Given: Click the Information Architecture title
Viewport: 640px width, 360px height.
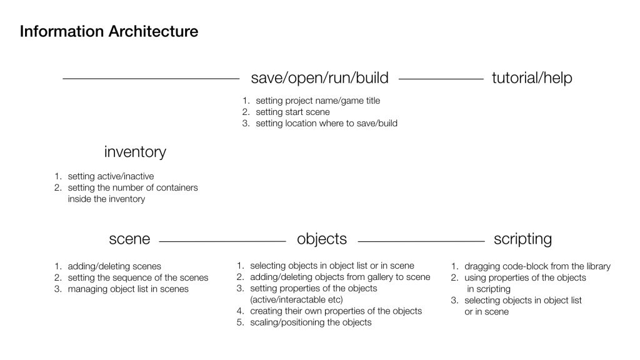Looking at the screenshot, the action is (109, 31).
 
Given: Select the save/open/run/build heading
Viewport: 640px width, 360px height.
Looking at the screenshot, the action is (319, 78).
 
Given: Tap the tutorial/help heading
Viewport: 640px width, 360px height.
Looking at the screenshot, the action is (532, 78).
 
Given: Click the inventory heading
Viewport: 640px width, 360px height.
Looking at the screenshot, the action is (135, 152).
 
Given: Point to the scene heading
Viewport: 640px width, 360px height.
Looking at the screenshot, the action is (129, 239).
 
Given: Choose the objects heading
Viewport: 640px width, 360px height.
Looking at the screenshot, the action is (322, 239).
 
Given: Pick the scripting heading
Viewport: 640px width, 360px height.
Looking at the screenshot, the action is (522, 239).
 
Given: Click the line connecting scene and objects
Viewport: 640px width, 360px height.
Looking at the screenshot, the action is (222, 242).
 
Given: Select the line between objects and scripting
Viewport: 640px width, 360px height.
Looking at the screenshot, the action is (421, 242).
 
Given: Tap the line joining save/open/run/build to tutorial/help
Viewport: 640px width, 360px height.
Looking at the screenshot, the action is (441, 79).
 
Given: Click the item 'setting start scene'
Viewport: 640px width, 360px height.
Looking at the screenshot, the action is (292, 112).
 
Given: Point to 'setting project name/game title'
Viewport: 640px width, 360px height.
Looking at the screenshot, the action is (318, 101).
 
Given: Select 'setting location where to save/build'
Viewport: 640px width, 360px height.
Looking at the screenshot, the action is (326, 123).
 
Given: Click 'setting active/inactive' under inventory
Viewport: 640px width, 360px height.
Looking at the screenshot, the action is (111, 176).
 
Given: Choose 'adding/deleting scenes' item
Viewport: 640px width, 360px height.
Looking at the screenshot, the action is (114, 266).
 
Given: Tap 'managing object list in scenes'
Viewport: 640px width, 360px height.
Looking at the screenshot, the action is (128, 289).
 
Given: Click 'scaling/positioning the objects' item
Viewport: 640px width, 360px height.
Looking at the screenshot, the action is (311, 322).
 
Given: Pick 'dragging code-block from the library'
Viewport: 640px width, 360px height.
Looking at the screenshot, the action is (537, 266).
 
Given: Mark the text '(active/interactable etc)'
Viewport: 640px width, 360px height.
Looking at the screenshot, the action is (296, 299).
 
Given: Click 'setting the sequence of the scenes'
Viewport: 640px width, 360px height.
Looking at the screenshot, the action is (138, 278).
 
